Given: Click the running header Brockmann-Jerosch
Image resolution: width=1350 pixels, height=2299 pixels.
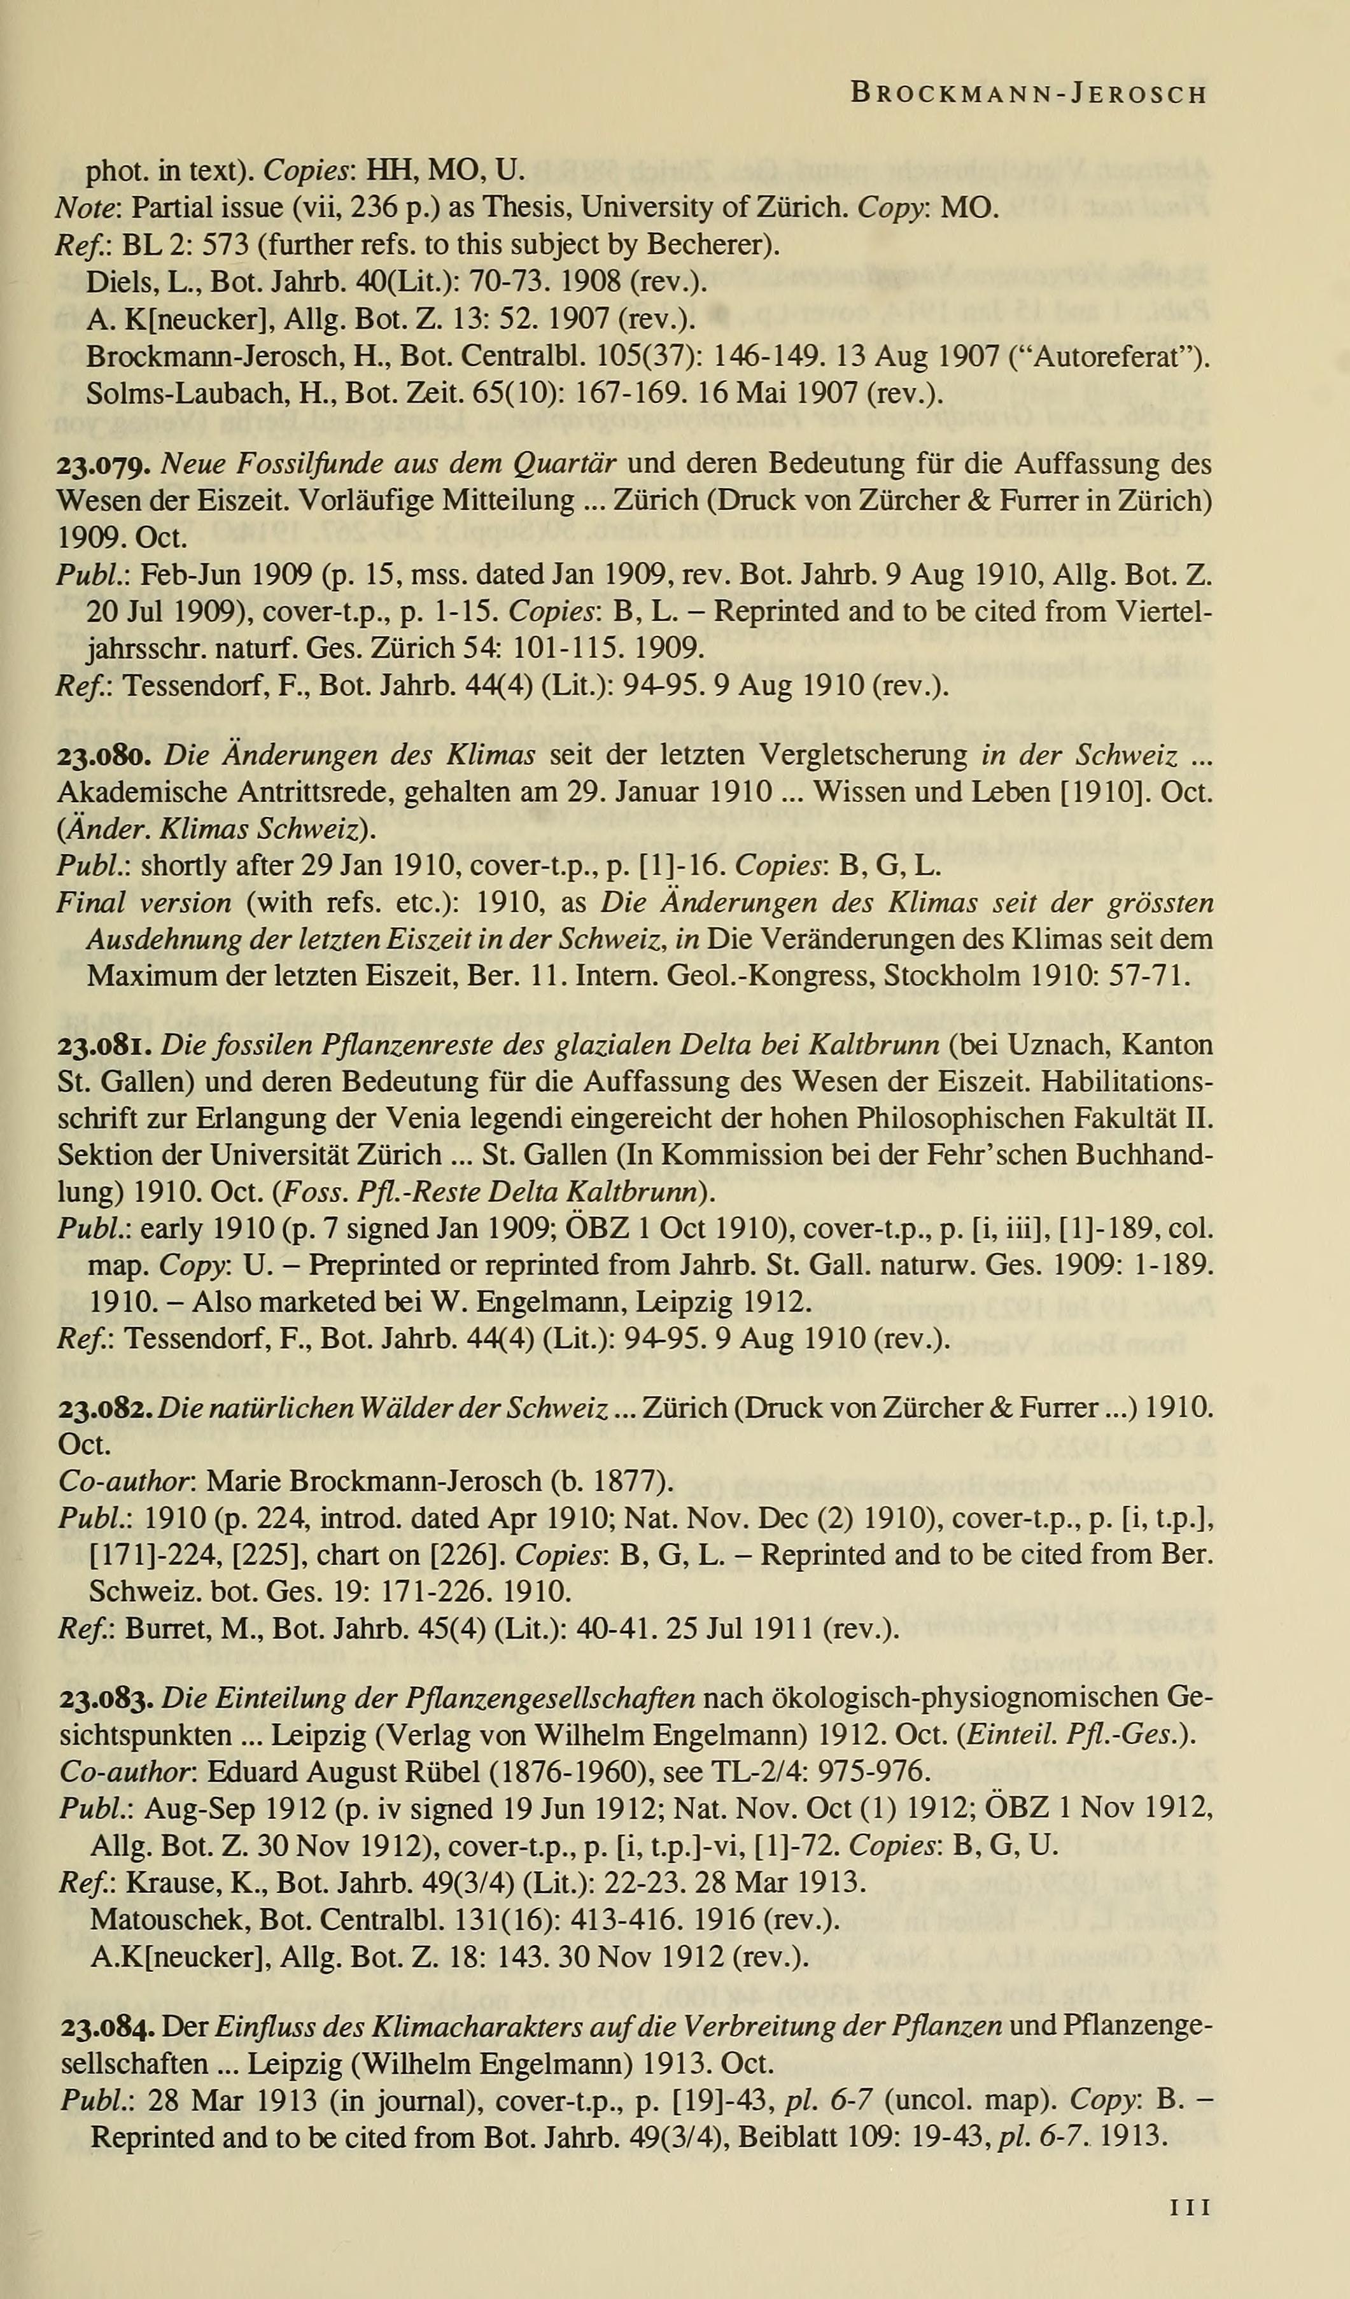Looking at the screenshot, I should click(1028, 94).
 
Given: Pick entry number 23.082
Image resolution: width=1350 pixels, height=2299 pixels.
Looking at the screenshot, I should click(106, 1409).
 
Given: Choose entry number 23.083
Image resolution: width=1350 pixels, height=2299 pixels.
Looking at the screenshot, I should click(106, 1699).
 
